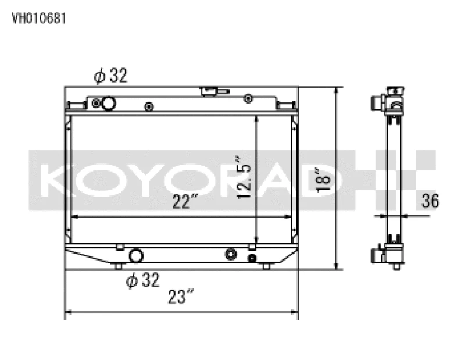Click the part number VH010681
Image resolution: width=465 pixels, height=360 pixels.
(39, 17)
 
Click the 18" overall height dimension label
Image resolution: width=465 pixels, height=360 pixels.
(321, 180)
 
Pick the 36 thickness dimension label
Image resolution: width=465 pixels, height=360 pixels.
(430, 201)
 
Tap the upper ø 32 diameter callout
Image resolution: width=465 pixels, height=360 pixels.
(110, 76)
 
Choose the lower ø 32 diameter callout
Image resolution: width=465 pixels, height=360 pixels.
(142, 281)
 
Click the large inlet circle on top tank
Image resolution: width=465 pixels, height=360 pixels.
(108, 104)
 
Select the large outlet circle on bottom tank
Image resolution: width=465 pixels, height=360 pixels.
(136, 255)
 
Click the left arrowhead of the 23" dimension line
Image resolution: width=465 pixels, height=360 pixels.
(67, 313)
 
